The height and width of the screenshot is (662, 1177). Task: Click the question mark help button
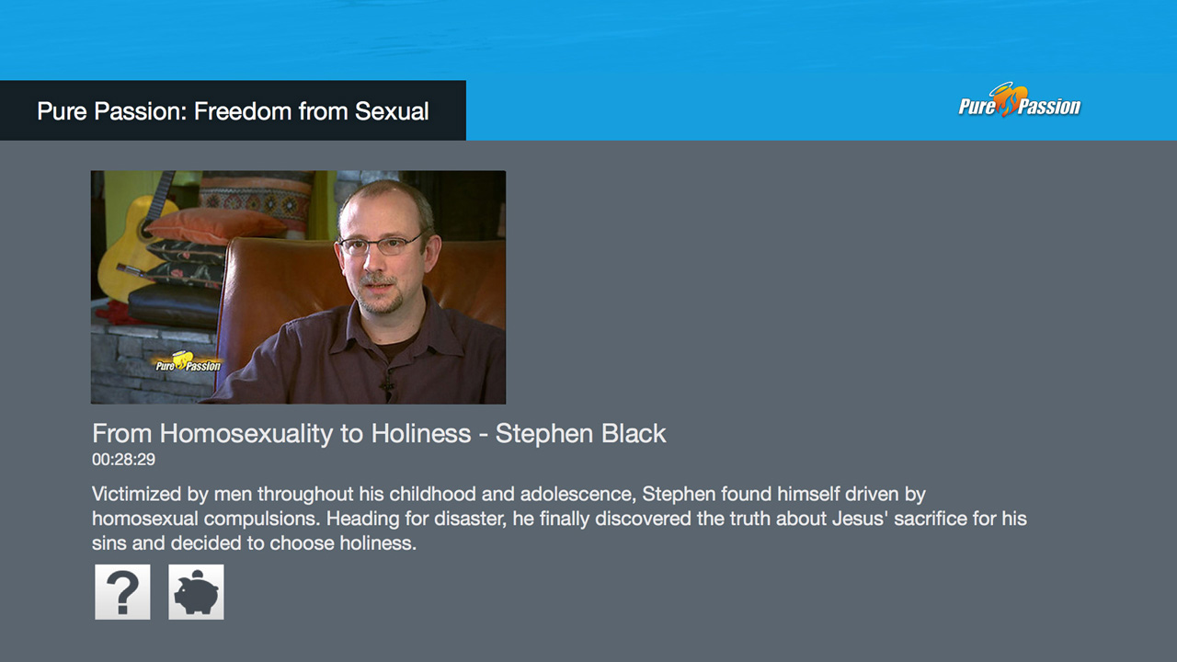click(x=122, y=592)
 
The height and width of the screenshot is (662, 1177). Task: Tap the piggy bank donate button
click(x=196, y=592)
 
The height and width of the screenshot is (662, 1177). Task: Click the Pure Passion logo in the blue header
click(x=1020, y=100)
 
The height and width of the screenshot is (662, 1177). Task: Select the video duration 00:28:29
click(x=123, y=460)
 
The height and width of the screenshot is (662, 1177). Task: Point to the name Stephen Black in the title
click(x=580, y=433)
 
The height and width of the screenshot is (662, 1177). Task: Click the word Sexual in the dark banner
click(x=392, y=111)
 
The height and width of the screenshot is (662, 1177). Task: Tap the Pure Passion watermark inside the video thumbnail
click(x=188, y=362)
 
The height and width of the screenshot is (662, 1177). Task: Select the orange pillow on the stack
click(x=214, y=225)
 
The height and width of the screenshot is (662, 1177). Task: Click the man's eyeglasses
click(x=381, y=245)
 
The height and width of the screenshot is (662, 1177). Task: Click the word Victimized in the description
click(x=137, y=494)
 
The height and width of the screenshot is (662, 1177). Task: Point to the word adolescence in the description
click(x=578, y=494)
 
